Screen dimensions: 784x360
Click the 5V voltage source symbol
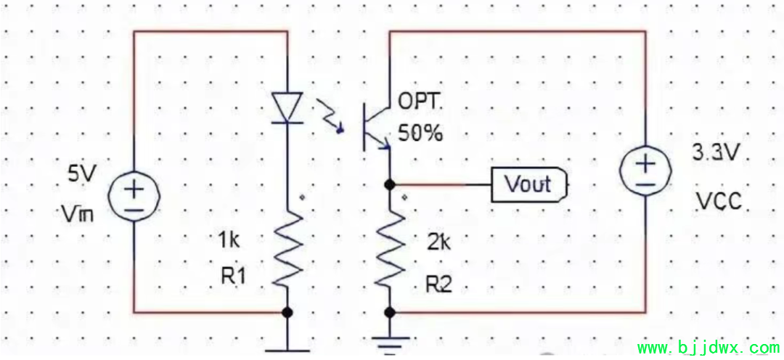point(134,195)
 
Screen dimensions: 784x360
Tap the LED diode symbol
point(287,107)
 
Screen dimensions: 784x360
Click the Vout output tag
point(529,184)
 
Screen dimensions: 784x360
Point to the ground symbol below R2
point(390,342)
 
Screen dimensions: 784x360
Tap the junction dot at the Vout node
point(390,184)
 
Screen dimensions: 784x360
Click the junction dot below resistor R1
point(287,313)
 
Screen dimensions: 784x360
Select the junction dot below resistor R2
point(390,313)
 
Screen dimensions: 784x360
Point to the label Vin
point(78,216)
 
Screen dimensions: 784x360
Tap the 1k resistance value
point(229,241)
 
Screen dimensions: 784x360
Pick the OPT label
point(417,102)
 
